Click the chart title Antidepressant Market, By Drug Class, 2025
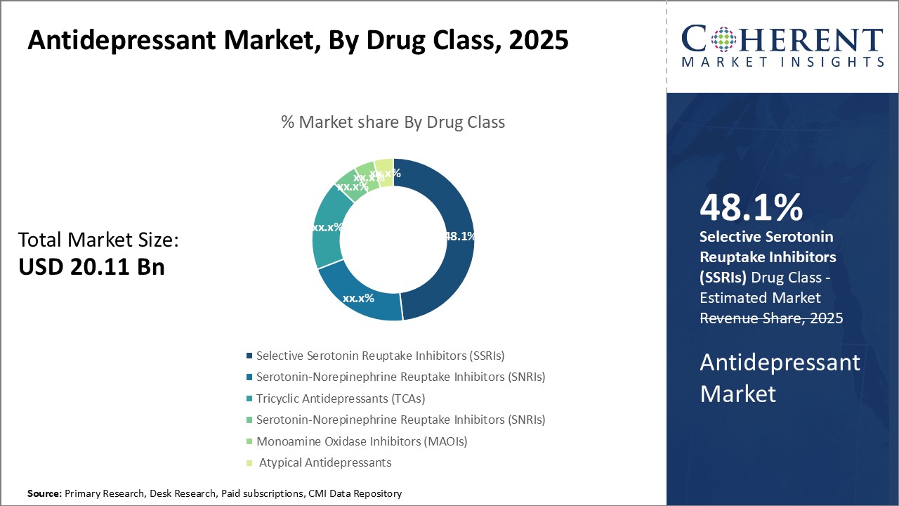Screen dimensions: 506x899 pos(298,40)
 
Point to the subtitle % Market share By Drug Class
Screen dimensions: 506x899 pos(393,122)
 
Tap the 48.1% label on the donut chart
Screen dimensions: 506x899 pos(460,237)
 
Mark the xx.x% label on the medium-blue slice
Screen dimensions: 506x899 pos(358,298)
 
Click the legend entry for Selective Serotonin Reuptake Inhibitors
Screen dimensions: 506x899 pos(380,356)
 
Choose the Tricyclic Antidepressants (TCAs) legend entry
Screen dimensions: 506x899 pos(341,398)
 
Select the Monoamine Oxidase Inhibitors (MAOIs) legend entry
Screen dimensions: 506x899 pos(361,441)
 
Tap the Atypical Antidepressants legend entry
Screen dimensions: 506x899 pos(325,462)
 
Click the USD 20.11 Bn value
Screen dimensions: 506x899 pos(91,267)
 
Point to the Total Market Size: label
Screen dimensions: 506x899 pos(98,240)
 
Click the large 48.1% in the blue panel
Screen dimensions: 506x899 pos(751,209)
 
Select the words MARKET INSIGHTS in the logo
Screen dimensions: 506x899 pos(782,62)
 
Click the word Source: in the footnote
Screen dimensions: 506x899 pos(44,493)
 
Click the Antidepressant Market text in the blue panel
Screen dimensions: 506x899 pos(780,377)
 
